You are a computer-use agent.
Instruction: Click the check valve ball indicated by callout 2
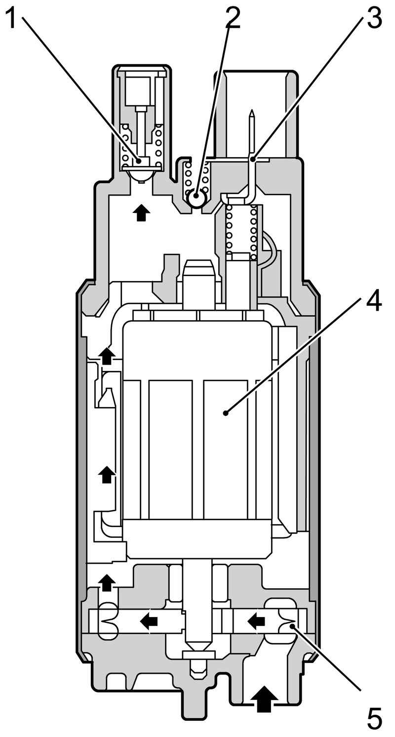[x=197, y=198]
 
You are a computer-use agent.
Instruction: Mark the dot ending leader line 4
[x=226, y=412]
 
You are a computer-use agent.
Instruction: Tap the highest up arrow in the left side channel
[x=107, y=356]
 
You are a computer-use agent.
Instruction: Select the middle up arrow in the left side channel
[x=106, y=475]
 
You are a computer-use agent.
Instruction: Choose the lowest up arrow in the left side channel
[x=107, y=582]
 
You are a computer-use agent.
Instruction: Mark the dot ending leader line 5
[x=293, y=626]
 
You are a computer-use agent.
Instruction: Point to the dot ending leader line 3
[x=252, y=159]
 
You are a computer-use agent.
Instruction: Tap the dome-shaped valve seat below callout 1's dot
[x=141, y=174]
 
